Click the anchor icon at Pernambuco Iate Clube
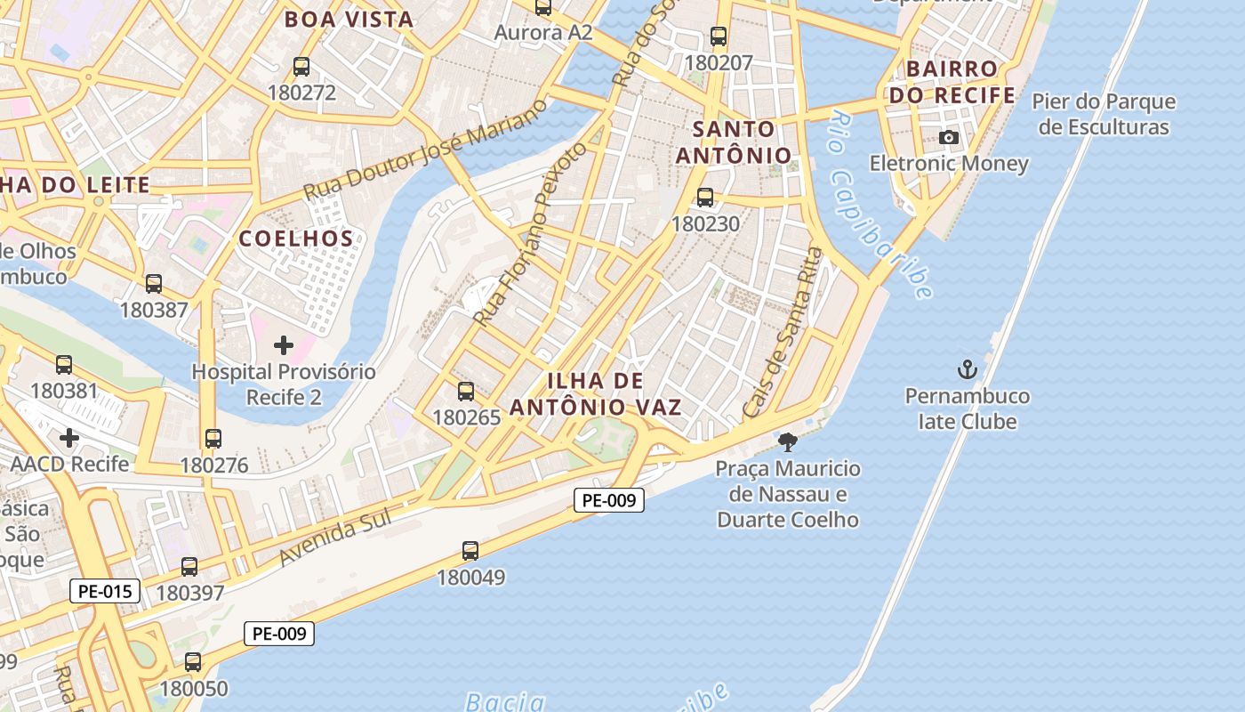pos(967,369)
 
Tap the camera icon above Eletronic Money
pos(949,137)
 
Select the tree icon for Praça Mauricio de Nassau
pos(787,441)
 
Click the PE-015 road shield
pos(105,590)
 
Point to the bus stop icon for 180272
pos(301,66)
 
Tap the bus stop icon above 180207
pos(719,36)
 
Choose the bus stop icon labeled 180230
pos(705,198)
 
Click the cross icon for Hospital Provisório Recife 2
pos(284,344)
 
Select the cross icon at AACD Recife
pos(69,438)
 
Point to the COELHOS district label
pos(296,239)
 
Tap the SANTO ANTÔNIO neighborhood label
pos(734,142)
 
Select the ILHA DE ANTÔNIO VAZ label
pos(596,394)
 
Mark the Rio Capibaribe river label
pos(880,205)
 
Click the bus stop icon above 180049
pos(470,551)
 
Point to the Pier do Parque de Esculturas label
pos(1104,114)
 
